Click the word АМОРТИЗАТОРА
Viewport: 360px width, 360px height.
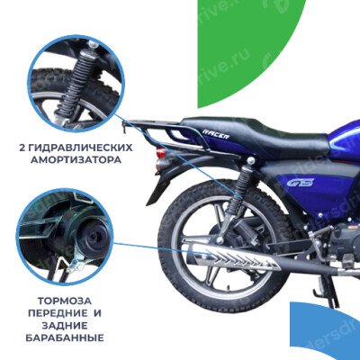pyautogui.click(x=76, y=160)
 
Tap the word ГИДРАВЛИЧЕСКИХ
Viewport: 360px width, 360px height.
pyautogui.click(x=81, y=148)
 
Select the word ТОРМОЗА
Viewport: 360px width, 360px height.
pyautogui.click(x=65, y=301)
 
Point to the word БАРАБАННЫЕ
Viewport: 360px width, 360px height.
pyautogui.click(x=65, y=338)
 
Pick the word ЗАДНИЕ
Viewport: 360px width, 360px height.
pyautogui.click(x=65, y=326)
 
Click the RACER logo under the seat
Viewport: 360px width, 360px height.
pyautogui.click(x=216, y=134)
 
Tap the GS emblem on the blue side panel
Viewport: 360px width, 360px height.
pyautogui.click(x=296, y=183)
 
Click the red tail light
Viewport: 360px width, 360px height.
pyautogui.click(x=161, y=153)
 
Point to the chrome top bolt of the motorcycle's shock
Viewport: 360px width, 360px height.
pyautogui.click(x=251, y=161)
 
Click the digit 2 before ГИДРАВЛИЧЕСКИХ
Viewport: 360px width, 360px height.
pyautogui.click(x=22, y=148)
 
